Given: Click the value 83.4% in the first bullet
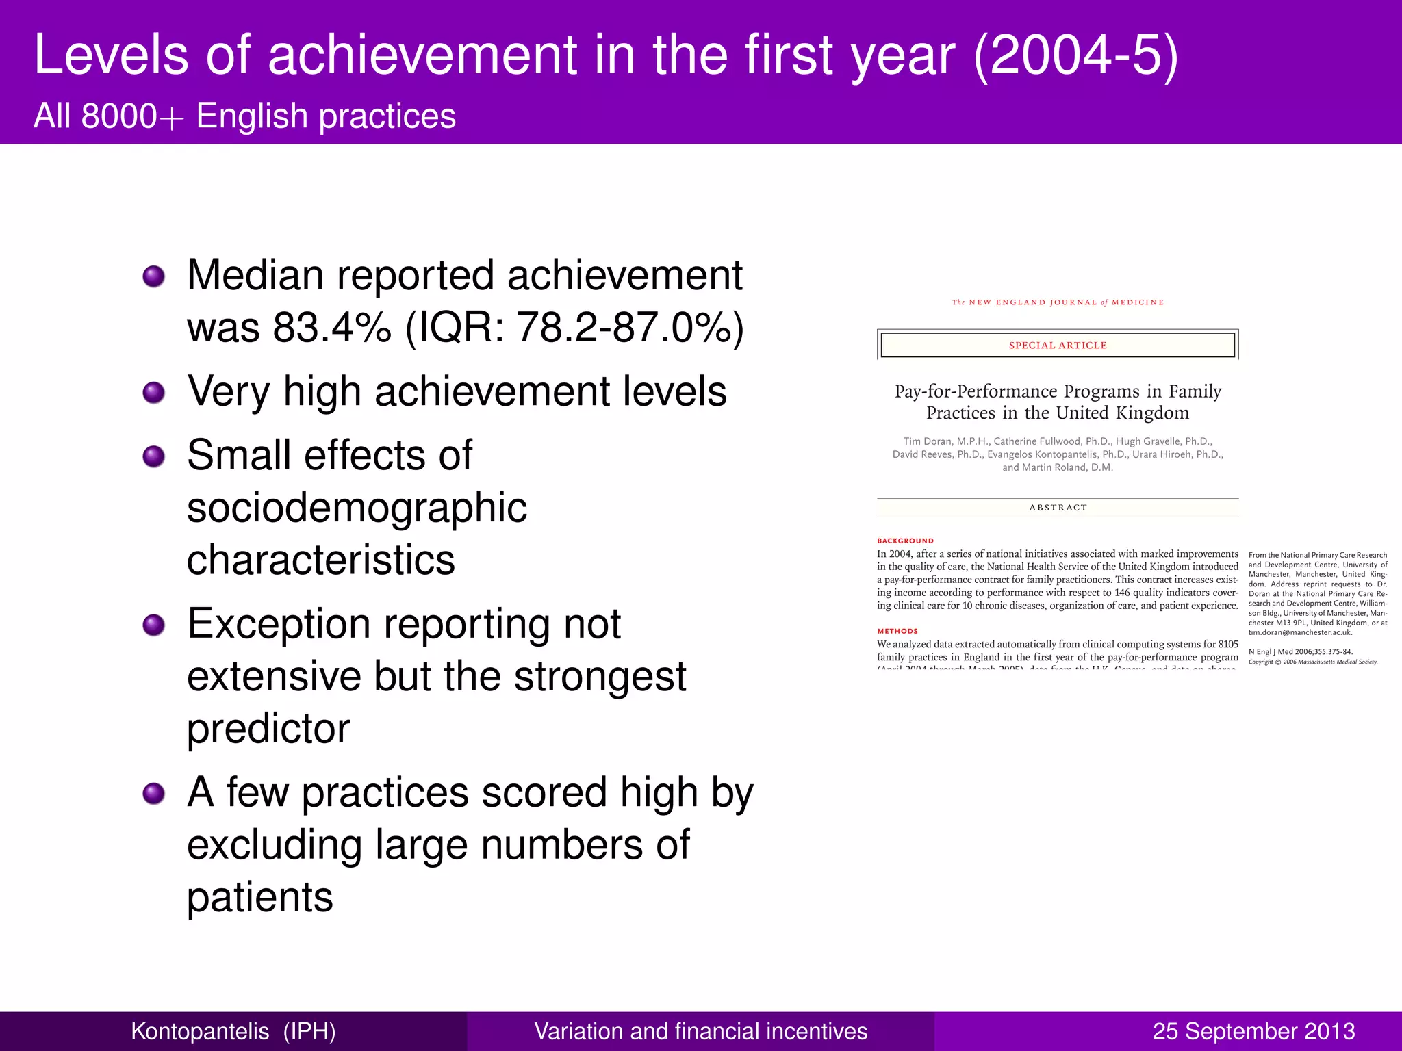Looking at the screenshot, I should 332,327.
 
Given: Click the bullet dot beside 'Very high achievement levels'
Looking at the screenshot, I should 154,393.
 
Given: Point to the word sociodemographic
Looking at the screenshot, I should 357,508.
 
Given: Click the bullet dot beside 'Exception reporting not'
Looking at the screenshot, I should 154,625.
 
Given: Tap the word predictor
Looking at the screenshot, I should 268,728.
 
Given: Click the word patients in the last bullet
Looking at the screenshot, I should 260,897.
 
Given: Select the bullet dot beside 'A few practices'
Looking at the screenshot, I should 154,794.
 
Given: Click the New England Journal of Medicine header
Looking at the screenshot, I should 1058,302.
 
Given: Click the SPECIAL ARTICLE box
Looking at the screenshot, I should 1058,345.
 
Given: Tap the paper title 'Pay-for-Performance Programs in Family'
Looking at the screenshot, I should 1058,391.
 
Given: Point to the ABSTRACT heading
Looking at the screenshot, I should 1058,508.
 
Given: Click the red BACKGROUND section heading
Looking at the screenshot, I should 905,541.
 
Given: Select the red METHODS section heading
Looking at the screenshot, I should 897,631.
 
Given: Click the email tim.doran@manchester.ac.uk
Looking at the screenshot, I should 1300,632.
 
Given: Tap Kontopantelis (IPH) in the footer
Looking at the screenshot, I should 233,1031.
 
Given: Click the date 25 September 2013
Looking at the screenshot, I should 1253,1031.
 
